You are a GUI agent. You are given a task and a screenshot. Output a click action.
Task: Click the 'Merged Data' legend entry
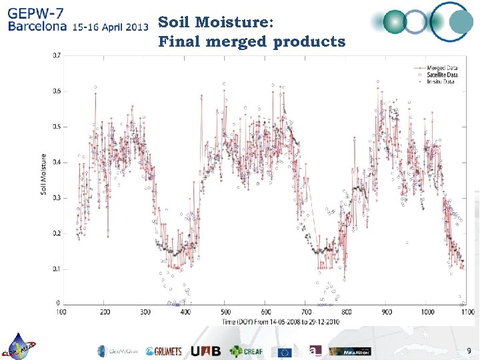[x=441, y=68]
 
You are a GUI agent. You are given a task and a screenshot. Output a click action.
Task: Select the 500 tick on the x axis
[x=226, y=311]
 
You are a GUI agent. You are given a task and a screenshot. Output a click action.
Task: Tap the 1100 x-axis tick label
[x=467, y=311]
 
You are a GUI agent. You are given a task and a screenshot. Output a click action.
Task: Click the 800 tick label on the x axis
[x=346, y=311]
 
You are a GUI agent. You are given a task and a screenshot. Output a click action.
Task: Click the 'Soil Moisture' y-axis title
[x=44, y=175]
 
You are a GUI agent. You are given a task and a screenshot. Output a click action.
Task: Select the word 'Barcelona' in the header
[x=37, y=27]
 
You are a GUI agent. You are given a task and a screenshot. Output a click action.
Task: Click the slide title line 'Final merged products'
[x=252, y=42]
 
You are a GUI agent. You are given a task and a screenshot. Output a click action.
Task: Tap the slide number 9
[x=469, y=351]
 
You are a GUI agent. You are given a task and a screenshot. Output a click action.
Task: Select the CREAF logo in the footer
[x=247, y=351]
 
